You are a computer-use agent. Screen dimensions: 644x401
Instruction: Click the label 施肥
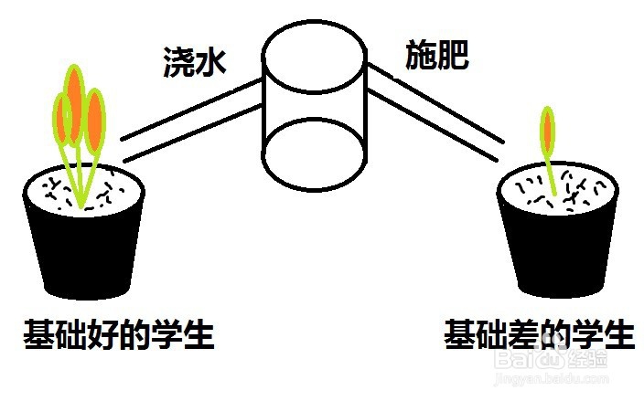pyautogui.click(x=437, y=57)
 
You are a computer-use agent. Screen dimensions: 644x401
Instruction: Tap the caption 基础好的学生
pyautogui.click(x=119, y=335)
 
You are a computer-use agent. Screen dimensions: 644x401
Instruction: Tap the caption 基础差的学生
pyautogui.click(x=539, y=334)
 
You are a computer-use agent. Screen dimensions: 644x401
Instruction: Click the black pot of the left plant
pyautogui.click(x=84, y=251)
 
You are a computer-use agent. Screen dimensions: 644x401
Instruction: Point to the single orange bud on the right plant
pyautogui.click(x=549, y=128)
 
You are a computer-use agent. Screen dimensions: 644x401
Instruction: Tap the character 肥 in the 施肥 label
pyautogui.click(x=454, y=57)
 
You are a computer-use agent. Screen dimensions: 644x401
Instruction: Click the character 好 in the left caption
pyautogui.click(x=102, y=335)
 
